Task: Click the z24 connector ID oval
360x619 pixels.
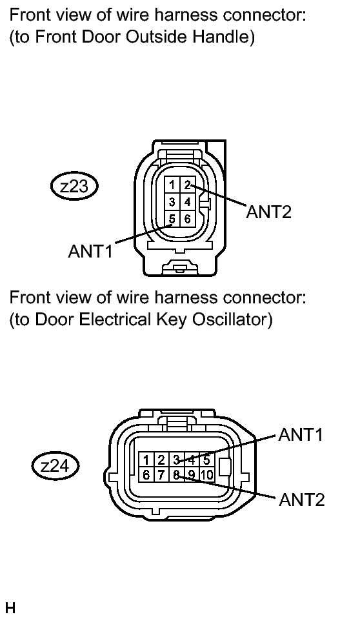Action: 55,466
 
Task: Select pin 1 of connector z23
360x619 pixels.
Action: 172,185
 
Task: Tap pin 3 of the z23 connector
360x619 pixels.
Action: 172,202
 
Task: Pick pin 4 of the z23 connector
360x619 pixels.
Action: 188,202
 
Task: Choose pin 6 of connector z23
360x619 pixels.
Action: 188,219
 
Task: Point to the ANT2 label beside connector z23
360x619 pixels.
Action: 269,212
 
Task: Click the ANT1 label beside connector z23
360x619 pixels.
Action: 90,250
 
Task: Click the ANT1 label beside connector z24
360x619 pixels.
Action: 301,434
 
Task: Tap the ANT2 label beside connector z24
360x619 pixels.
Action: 301,500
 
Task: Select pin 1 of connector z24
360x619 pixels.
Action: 146,460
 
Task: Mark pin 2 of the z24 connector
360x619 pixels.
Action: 161,460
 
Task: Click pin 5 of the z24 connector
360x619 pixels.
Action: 206,460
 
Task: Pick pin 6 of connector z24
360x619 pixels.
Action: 146,474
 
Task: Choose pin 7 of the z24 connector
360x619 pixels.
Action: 161,474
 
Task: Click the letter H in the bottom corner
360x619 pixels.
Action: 10,608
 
